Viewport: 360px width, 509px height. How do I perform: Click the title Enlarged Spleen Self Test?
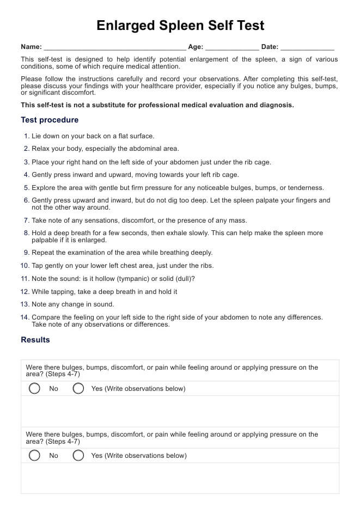(180, 26)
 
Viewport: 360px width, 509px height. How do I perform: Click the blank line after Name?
(114, 48)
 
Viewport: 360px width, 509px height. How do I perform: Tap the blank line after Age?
(232, 48)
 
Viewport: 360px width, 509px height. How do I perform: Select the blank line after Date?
(307, 48)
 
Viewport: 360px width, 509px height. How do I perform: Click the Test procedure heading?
(50, 120)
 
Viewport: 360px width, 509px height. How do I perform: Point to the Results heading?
(35, 340)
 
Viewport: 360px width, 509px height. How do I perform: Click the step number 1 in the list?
(27, 136)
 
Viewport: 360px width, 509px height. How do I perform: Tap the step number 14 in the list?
(25, 317)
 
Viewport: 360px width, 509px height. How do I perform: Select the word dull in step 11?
(182, 279)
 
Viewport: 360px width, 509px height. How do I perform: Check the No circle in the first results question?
(34, 389)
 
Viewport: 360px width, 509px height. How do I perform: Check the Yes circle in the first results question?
(78, 389)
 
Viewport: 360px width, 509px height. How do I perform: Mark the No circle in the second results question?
(34, 456)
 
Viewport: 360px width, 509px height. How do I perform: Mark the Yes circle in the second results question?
(78, 456)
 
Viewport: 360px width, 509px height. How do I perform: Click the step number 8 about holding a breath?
(27, 233)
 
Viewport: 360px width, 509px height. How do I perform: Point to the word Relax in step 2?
(41, 149)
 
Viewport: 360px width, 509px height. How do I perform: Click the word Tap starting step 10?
(38, 266)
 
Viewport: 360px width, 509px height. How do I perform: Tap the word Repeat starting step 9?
(43, 253)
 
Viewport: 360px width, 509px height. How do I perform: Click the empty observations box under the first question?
(180, 411)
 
